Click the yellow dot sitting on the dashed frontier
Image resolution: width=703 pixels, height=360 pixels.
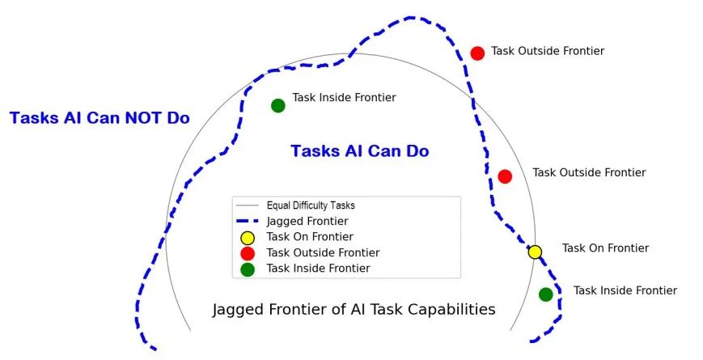tap(535, 252)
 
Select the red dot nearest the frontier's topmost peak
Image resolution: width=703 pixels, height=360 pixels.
tap(477, 53)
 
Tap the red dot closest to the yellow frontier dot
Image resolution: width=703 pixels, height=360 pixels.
tap(505, 176)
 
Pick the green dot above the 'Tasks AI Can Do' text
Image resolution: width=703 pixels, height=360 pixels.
tap(278, 105)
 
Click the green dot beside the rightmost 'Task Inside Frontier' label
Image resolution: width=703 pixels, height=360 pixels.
tap(546, 294)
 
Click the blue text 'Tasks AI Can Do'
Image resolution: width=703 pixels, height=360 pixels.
tap(359, 151)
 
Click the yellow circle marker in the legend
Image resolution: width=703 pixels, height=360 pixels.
tap(248, 238)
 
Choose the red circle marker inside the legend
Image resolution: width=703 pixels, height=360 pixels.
tap(248, 253)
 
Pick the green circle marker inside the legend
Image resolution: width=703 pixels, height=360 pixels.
tap(248, 269)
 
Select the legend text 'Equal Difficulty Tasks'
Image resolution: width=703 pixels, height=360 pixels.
tap(311, 205)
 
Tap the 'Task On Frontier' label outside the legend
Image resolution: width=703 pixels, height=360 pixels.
tap(605, 248)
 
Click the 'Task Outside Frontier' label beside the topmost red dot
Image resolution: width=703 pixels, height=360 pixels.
tap(548, 51)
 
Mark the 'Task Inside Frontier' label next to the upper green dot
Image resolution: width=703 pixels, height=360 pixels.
tap(344, 98)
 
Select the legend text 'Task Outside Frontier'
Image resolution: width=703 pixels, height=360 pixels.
tap(323, 253)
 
